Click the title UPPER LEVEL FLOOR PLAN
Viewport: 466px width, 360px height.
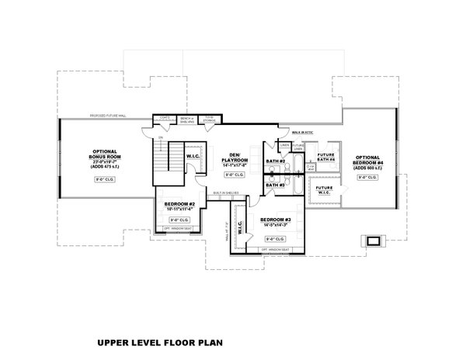coord(164,341)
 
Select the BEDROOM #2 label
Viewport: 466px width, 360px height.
coord(179,207)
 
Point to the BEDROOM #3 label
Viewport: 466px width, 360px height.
coord(275,220)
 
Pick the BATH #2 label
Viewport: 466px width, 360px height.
coord(273,161)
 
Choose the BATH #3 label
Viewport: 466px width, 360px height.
coord(273,185)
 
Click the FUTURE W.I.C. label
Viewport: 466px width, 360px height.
coord(325,189)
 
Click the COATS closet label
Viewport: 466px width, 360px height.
coord(164,118)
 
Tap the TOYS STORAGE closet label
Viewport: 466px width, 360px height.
coord(210,118)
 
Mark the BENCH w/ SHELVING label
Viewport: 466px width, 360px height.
coord(186,118)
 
